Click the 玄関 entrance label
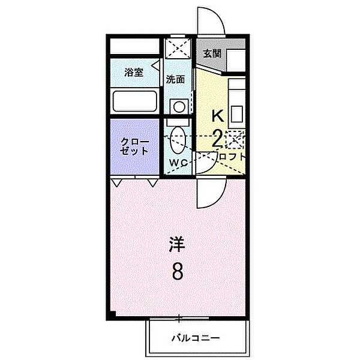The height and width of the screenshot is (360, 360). click(212, 53)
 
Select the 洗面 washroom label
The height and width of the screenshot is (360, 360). click(175, 79)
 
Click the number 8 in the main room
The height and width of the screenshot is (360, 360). click(178, 272)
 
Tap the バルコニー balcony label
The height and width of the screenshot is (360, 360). click(197, 338)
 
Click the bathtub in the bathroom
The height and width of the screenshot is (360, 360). click(134, 101)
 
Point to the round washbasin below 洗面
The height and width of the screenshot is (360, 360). click(178, 107)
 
